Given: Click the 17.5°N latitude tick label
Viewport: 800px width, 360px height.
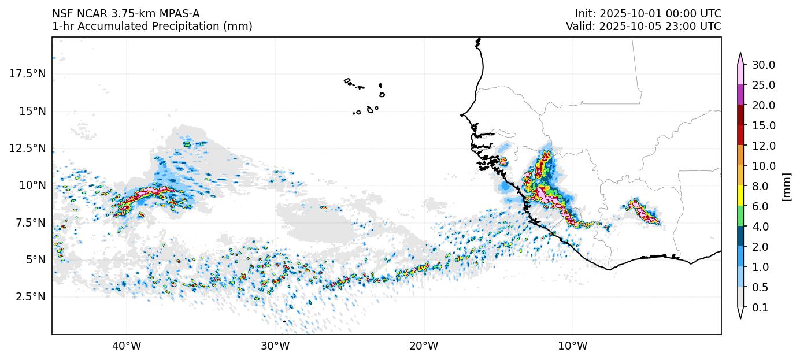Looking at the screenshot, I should tap(28, 73).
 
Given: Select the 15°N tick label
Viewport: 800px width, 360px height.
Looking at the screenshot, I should tap(32, 111).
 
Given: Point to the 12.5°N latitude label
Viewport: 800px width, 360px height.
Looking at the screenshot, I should tap(28, 148).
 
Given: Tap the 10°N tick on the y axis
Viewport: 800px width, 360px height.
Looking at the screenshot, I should tap(32, 185).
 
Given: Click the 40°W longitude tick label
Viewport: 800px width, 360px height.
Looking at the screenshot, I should tap(126, 347).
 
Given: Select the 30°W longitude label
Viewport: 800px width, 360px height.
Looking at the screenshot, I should tap(275, 347).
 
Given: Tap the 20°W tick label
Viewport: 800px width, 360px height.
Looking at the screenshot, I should tap(424, 347).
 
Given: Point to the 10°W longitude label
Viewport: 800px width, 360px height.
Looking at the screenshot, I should tap(573, 347).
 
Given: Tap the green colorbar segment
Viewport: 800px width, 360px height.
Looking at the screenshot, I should tap(740, 216).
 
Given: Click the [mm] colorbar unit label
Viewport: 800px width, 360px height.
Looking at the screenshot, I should tap(786, 186).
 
